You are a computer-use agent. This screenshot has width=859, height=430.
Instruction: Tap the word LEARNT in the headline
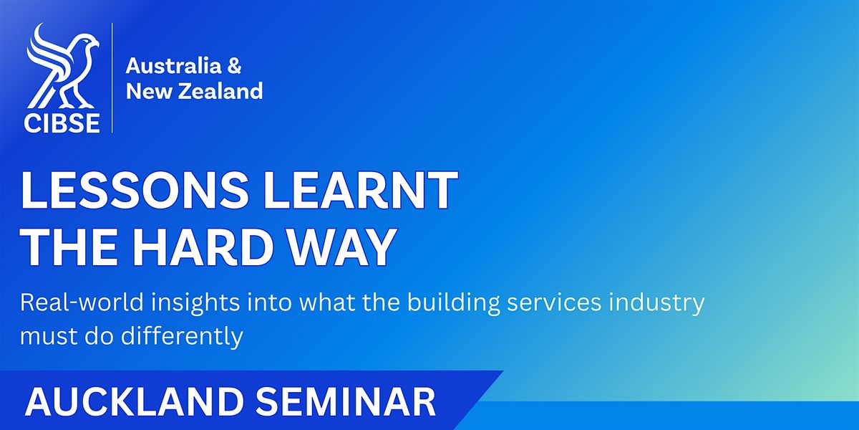pos(360,191)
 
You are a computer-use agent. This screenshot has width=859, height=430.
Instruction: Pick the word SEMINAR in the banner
pos(346,402)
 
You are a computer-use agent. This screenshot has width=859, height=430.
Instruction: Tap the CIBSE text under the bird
pos(62,123)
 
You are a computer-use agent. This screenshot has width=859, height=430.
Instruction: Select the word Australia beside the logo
pos(174,66)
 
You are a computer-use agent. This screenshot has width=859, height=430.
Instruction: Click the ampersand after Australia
pos(235,66)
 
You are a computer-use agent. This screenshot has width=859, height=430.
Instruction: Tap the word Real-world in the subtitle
pos(82,302)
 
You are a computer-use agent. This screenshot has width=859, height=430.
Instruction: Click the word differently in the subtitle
pos(182,336)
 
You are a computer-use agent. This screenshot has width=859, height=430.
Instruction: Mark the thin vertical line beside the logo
pos(112,77)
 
